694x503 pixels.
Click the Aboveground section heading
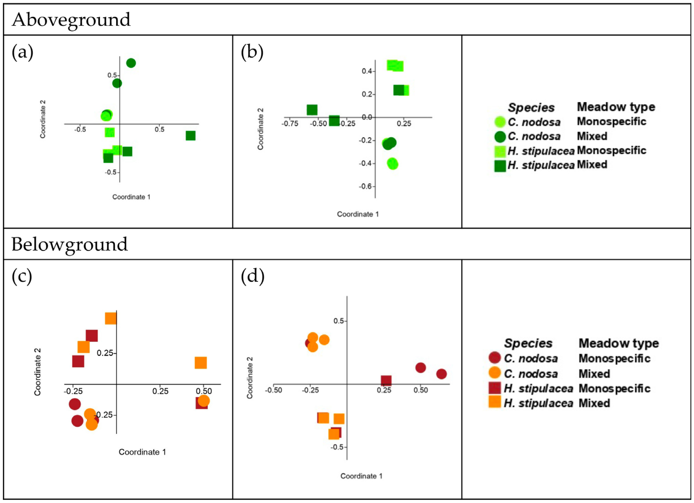point(71,20)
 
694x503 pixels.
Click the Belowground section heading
point(70,244)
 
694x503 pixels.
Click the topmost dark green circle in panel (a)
point(131,63)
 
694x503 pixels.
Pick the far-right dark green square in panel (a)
point(190,135)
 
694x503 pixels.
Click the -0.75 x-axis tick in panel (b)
point(290,124)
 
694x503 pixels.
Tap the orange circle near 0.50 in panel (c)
point(204,401)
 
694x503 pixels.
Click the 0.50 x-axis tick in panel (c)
point(204,391)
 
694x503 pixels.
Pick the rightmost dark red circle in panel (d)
point(441,374)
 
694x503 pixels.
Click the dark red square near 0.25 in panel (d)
point(386,381)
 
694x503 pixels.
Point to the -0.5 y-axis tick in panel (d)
point(337,447)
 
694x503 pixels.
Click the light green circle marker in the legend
point(500,122)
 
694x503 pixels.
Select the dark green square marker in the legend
point(500,165)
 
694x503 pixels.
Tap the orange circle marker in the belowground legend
point(495,373)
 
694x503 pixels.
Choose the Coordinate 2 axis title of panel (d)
point(250,378)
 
